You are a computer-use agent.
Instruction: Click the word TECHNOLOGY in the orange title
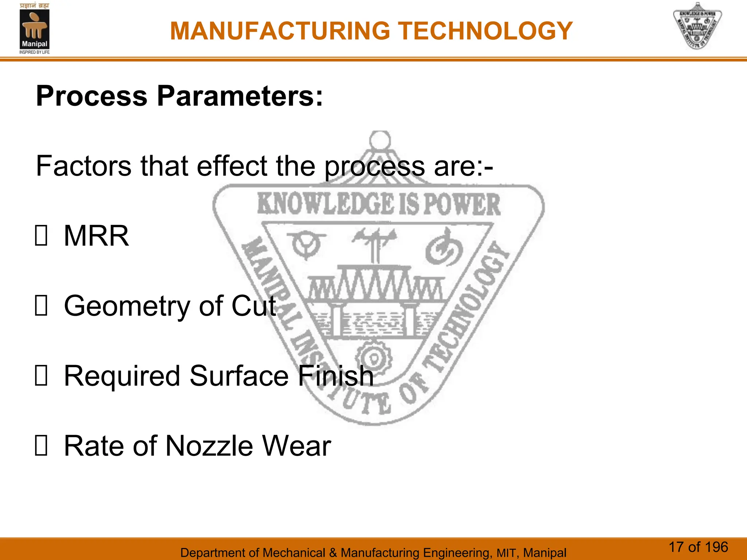pos(485,31)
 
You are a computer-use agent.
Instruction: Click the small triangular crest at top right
pos(697,26)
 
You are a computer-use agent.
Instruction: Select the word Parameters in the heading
pos(240,96)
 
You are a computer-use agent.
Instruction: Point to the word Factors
pos(84,166)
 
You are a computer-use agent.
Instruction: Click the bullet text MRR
pos(96,236)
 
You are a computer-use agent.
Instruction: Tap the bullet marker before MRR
pos(41,236)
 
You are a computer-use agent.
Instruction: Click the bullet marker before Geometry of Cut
pos(41,306)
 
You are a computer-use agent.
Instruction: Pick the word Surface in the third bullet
pos(239,376)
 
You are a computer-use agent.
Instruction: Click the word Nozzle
pos(209,446)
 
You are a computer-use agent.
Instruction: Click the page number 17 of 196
pos(698,547)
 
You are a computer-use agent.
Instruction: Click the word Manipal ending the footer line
pos(545,553)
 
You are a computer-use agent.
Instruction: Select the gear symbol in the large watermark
pos(373,358)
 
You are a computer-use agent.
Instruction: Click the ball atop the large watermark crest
pos(380,140)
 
